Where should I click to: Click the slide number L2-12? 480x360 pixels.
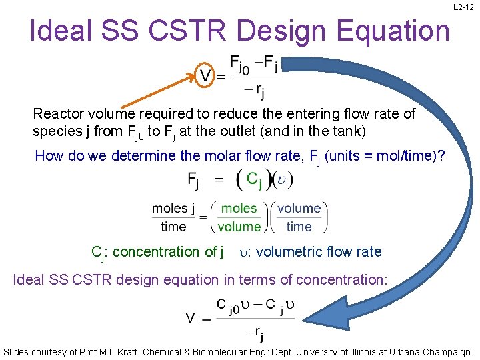tap(463, 7)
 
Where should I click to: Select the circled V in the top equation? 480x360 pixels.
tap(207, 75)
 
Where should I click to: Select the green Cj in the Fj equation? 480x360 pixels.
tap(255, 179)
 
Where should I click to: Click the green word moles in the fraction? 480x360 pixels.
tap(239, 208)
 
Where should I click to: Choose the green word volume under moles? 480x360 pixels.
tap(239, 226)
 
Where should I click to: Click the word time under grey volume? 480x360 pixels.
tap(299, 226)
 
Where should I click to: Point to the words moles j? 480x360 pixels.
tap(173, 208)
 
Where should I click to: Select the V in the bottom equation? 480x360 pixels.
tap(191, 318)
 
